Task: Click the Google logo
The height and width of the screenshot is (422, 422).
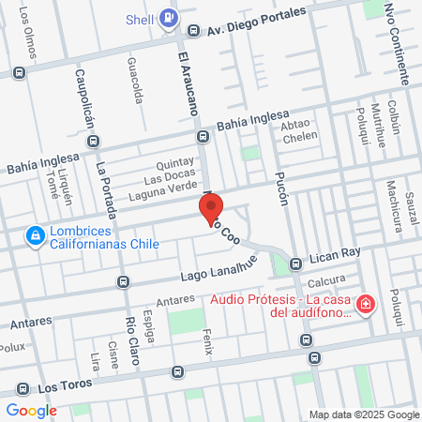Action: click(x=31, y=410)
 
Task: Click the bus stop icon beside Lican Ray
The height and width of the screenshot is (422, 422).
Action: click(x=296, y=263)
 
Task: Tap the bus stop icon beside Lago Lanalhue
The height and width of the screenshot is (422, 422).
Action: click(x=123, y=280)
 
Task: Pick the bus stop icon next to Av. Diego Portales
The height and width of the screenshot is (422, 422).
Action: click(x=193, y=30)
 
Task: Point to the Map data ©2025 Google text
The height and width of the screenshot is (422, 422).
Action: click(x=365, y=414)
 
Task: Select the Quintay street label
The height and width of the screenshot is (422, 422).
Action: click(x=174, y=160)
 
